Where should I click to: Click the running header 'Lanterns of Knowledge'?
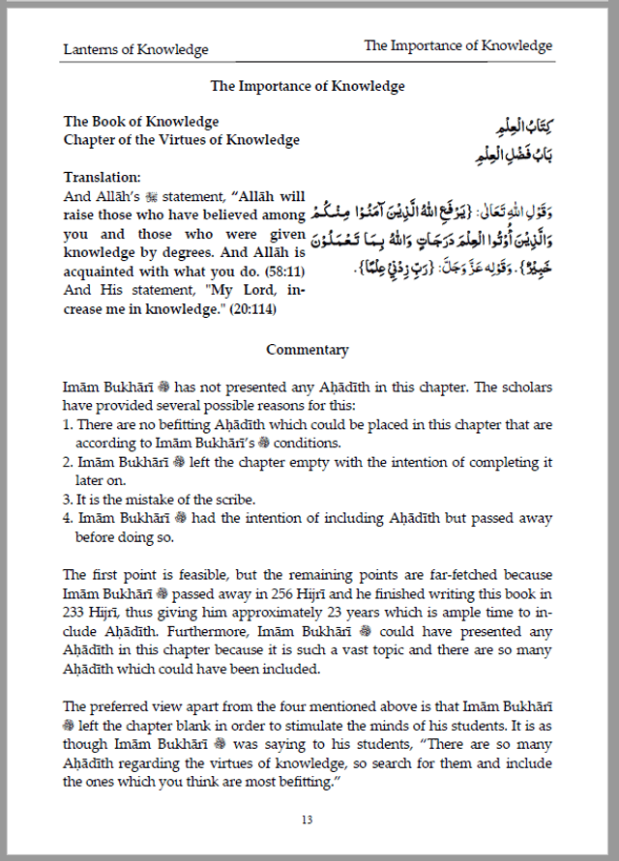coord(135,49)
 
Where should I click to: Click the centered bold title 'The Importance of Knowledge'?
coord(308,86)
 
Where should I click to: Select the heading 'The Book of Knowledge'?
coord(141,122)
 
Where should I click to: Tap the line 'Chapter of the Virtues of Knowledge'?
coord(182,140)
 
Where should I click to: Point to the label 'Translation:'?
coord(102,178)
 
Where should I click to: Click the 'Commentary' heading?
coord(308,350)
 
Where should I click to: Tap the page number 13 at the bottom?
coord(307,819)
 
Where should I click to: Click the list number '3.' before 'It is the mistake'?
coord(69,500)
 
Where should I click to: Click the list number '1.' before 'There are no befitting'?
coord(69,424)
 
